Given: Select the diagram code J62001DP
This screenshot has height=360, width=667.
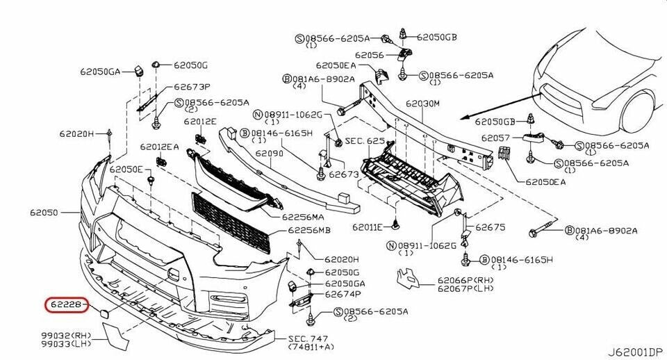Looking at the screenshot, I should [x=636, y=352].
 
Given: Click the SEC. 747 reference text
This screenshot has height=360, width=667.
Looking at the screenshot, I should [x=306, y=338].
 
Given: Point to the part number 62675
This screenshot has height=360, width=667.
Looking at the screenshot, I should [x=490, y=227].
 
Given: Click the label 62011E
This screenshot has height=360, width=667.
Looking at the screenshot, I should [x=368, y=227].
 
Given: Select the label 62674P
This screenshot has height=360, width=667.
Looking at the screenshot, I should [x=343, y=295].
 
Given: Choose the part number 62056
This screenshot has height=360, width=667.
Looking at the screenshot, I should [x=369, y=54].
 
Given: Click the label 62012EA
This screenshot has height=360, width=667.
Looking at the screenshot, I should [x=159, y=147].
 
